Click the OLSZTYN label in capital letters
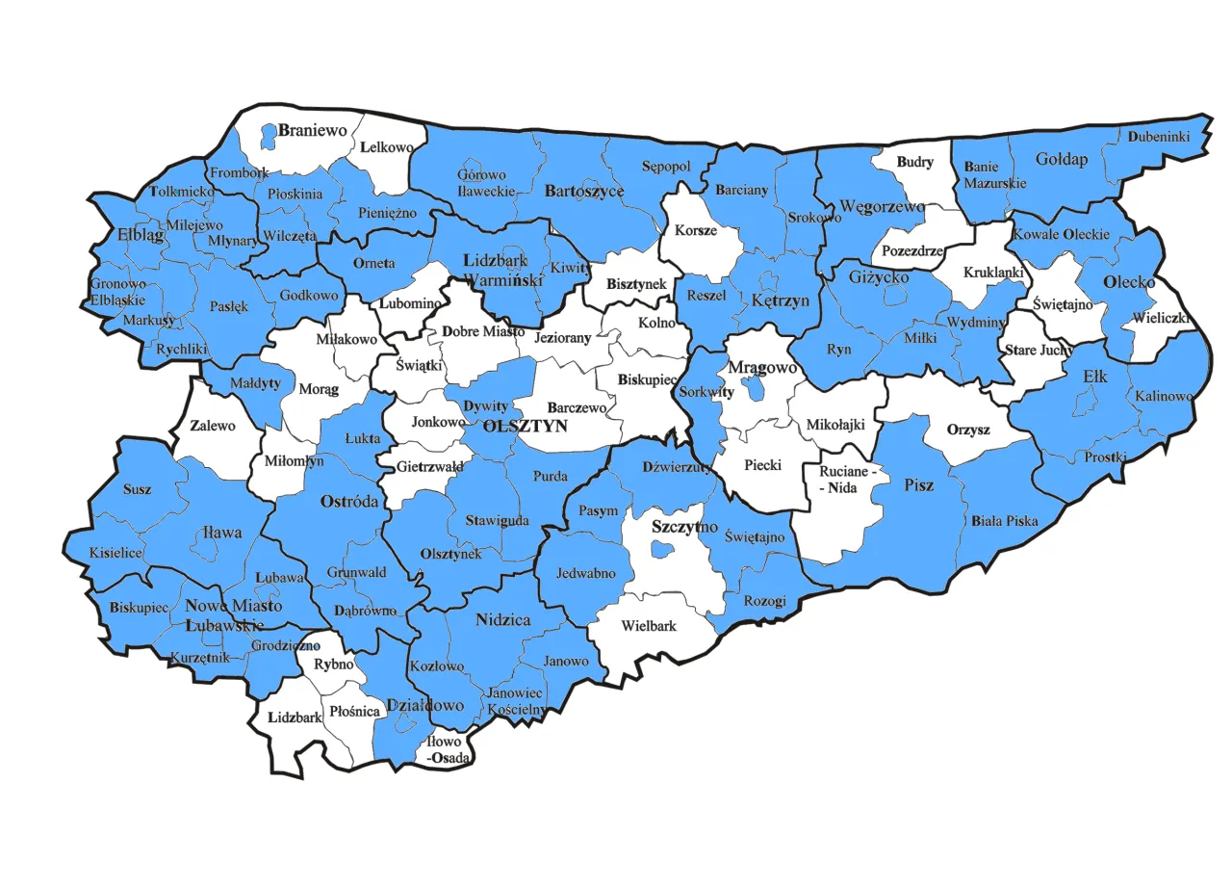point(525,425)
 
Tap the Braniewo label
point(313,130)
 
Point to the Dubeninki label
point(1159,137)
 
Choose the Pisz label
point(919,484)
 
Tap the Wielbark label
point(649,625)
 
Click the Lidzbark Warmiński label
point(503,271)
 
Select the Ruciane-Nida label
point(847,480)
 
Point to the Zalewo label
point(212,425)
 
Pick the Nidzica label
point(502,620)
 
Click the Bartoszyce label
point(584,191)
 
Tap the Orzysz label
point(968,430)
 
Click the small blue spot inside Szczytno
point(660,549)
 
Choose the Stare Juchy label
point(1039,350)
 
